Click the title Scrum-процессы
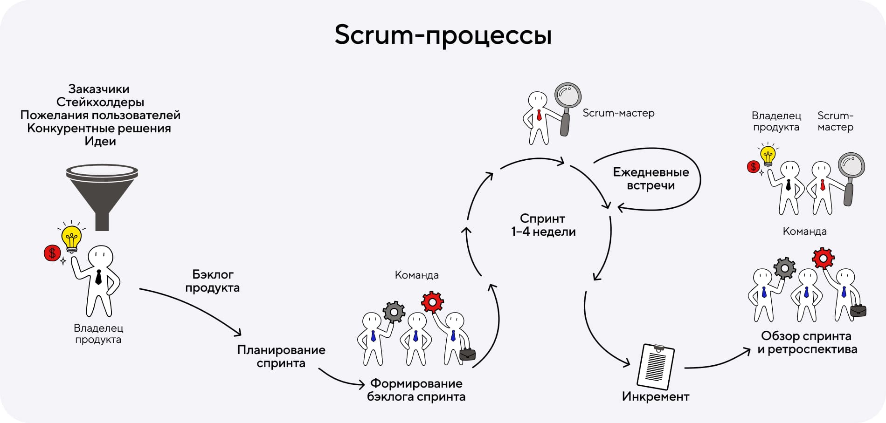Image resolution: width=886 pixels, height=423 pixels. pos(443,35)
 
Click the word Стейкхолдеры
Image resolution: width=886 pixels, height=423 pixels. pos(100,102)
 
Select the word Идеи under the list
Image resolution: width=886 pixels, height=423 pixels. pos(100,141)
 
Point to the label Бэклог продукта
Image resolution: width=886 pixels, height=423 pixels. pos(213,281)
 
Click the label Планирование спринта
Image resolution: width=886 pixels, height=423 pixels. pos(281,356)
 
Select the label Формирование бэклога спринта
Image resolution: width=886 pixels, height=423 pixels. pos(416,390)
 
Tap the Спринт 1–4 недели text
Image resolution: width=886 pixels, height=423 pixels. pos(543,225)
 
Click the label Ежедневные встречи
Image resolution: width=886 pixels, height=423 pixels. pos(651,179)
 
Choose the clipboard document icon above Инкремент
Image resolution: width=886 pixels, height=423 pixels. pos(656,367)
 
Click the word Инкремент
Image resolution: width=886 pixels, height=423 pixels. pos(656,397)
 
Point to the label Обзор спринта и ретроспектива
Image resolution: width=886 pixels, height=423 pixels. pos(807,342)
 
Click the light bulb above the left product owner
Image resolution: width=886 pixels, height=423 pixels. pos(71,237)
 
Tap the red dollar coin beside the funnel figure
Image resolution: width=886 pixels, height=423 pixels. pos(52,253)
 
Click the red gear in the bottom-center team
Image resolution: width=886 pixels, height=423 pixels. pos(432,302)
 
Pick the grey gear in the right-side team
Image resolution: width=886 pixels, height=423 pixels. pos(784,268)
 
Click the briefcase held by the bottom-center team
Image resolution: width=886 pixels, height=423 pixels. pos(467,355)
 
